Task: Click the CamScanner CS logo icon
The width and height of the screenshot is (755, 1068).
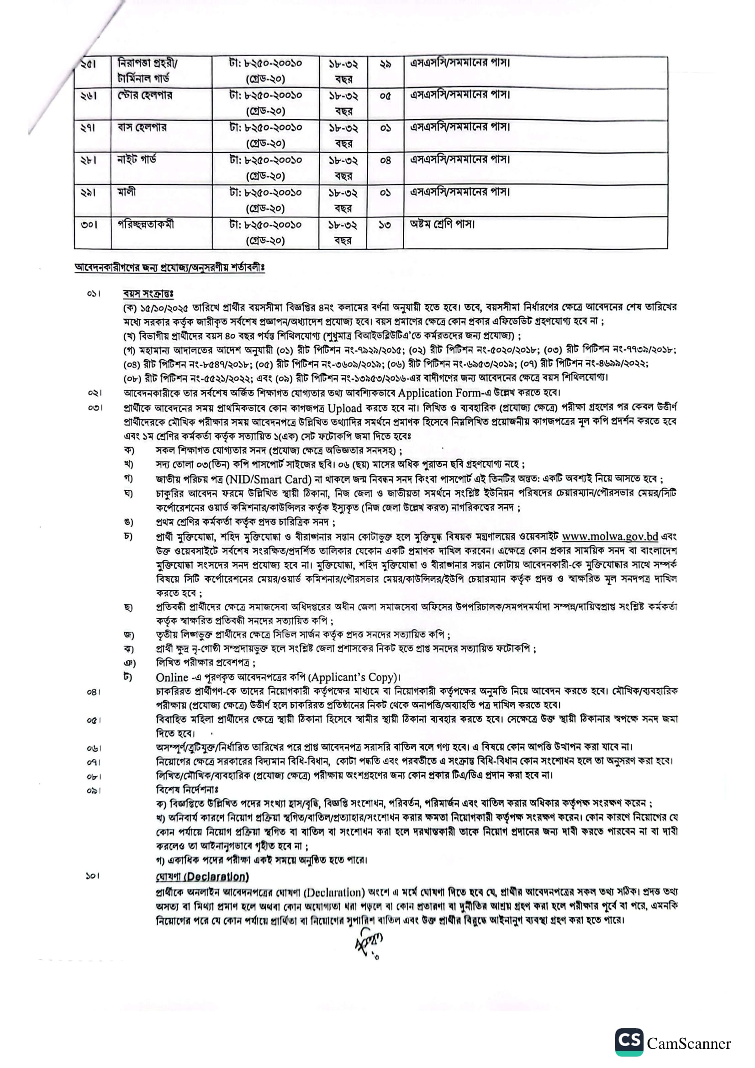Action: pos(629,1042)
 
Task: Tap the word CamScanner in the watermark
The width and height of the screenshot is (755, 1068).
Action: pos(689,1043)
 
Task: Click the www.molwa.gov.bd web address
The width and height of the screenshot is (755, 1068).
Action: pos(609,537)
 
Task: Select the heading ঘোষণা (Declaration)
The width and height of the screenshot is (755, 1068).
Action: pos(202,876)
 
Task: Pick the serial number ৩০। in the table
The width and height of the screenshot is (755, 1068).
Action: pos(89,225)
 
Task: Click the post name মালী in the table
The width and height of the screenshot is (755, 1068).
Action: pos(126,192)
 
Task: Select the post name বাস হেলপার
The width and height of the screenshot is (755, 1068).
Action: pos(142,127)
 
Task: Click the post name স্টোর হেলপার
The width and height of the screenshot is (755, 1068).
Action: pos(144,95)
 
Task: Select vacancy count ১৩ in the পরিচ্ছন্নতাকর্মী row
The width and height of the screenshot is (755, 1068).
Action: pos(385,226)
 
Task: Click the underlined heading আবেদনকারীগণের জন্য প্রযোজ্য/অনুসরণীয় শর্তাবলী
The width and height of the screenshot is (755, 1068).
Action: pos(169,268)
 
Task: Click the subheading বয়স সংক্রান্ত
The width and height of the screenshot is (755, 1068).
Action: pos(148,294)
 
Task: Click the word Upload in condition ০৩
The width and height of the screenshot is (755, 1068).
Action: pos(345,408)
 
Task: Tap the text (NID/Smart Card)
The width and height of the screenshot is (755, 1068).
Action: pos(268,479)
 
